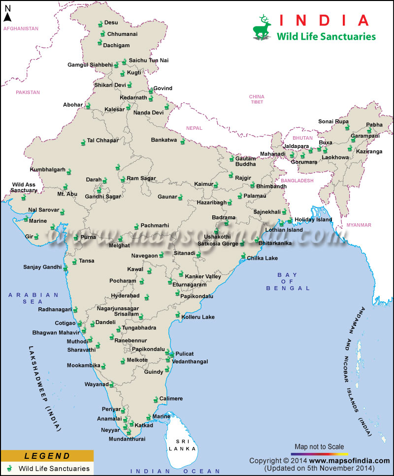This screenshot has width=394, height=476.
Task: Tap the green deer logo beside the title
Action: coord(262,28)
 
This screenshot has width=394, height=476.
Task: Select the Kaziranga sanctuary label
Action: coord(369,151)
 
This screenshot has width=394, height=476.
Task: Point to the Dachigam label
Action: coord(116,45)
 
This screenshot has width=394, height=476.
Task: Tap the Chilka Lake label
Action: coord(262,258)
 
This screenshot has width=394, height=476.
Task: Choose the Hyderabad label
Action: coord(125,296)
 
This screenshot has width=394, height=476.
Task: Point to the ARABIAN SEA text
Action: coord(33,298)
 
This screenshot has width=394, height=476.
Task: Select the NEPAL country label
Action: coord(194,128)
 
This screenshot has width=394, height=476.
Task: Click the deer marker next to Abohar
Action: coord(88,106)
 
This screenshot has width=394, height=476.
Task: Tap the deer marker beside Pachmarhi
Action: coord(136,227)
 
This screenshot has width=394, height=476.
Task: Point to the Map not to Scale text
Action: coord(319,446)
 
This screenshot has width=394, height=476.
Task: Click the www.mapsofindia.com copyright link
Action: coord(349,461)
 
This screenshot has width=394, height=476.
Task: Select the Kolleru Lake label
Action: coord(197,317)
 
